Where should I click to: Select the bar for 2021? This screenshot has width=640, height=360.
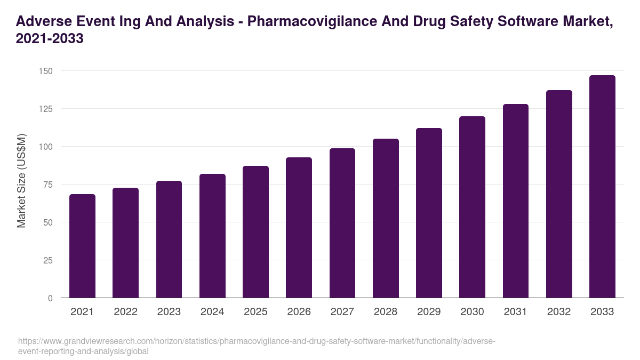tap(82, 246)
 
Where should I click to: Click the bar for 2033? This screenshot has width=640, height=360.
tap(602, 187)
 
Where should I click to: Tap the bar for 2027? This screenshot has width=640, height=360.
tap(342, 223)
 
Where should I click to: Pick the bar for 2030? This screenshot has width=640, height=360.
tap(472, 207)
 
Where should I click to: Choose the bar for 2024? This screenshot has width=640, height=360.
tap(212, 236)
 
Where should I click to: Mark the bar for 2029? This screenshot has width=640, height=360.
tap(429, 213)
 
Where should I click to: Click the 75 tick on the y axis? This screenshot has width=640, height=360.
tap(48, 185)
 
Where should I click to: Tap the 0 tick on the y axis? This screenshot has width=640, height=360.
tap(50, 298)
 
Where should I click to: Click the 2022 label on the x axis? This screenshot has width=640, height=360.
tap(125, 312)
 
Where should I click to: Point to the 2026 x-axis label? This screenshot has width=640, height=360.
tap(299, 312)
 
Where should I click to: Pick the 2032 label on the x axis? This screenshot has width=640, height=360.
tap(559, 312)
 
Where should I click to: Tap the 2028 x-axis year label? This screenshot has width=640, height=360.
tap(386, 312)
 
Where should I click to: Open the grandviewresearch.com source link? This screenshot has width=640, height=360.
tap(256, 346)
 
